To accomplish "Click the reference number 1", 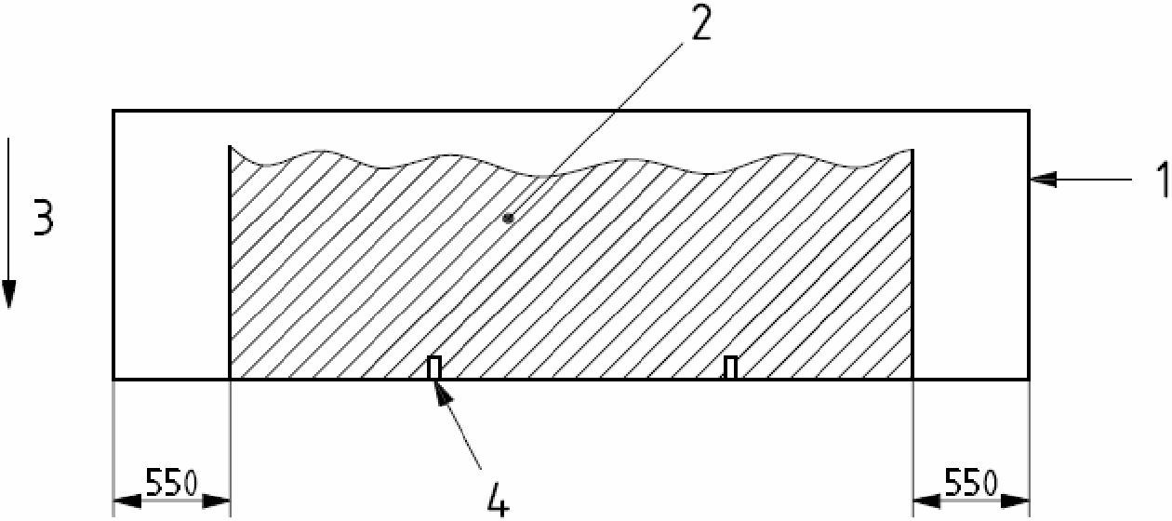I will pos(1159,180).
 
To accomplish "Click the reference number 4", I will pos(498,500).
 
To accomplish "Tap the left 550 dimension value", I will pos(170,483).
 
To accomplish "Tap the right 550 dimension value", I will pos(970,483).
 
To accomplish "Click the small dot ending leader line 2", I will pos(507,218).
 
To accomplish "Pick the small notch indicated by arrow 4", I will pos(433,368).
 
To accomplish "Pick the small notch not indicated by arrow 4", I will pos(730,368).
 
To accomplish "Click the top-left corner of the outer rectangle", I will pos(113,111).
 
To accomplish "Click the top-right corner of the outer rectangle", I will pos(1028,111).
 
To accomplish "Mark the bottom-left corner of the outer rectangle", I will pos(113,380).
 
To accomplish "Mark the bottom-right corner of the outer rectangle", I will pos(1028,380).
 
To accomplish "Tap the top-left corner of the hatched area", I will pos(230,146).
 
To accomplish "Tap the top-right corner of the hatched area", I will pos(912,150).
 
